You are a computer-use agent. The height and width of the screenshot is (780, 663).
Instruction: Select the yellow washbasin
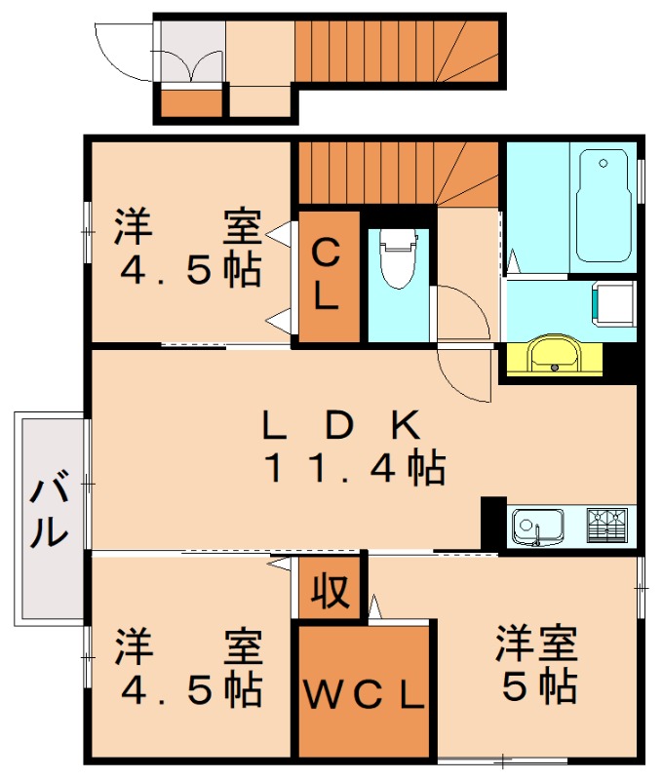point(553,355)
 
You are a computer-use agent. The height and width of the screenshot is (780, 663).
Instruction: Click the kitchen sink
point(536,527)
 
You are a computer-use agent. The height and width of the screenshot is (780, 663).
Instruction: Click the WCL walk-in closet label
point(363,694)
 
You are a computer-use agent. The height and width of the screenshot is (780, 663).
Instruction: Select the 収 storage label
point(330,591)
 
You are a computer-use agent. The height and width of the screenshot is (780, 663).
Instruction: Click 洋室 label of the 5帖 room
point(536,644)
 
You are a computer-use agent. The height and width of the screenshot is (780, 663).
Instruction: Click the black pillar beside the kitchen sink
point(493,524)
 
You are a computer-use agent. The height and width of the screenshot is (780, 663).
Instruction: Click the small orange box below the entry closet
point(191,102)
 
